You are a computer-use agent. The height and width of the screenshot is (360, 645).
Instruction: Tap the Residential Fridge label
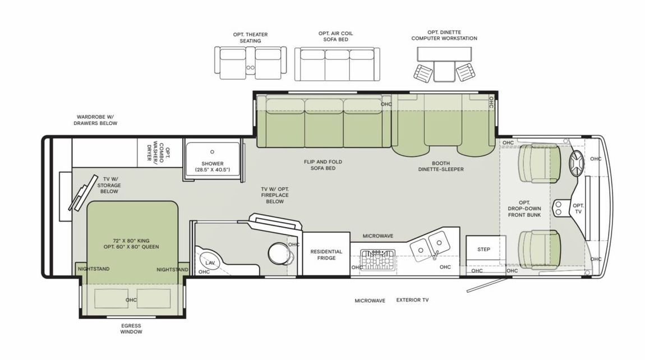[x=326, y=255]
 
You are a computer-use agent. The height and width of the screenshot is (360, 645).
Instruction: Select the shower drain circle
[x=213, y=151]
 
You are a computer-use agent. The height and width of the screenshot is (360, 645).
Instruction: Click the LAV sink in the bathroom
[x=209, y=262]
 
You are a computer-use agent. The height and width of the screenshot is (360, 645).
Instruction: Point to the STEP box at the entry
[x=483, y=249]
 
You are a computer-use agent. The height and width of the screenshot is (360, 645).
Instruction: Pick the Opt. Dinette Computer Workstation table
[x=444, y=54]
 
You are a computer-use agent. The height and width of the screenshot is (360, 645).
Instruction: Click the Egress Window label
[x=131, y=329]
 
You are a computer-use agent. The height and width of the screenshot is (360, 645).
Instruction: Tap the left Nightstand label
[x=94, y=269]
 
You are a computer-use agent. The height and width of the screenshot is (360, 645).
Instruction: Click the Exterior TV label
[x=412, y=301]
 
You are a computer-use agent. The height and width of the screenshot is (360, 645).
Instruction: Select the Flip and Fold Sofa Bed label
[x=323, y=165]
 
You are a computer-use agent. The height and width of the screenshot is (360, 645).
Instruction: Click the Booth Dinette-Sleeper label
[x=441, y=165]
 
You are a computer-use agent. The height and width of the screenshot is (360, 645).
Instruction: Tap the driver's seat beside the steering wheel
[x=538, y=163]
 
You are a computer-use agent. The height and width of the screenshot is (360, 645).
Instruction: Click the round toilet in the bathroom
[x=277, y=253]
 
